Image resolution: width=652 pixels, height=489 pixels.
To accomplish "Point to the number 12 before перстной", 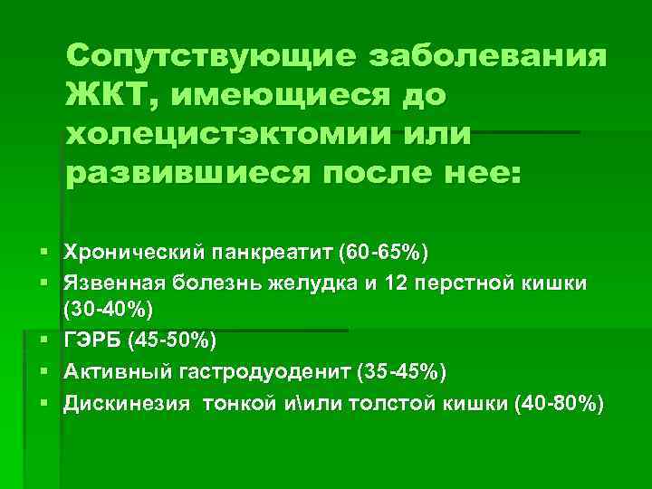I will [x=397, y=283].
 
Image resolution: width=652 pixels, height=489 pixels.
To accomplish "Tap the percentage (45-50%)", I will [x=173, y=340].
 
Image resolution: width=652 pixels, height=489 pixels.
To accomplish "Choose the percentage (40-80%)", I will [x=555, y=404].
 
